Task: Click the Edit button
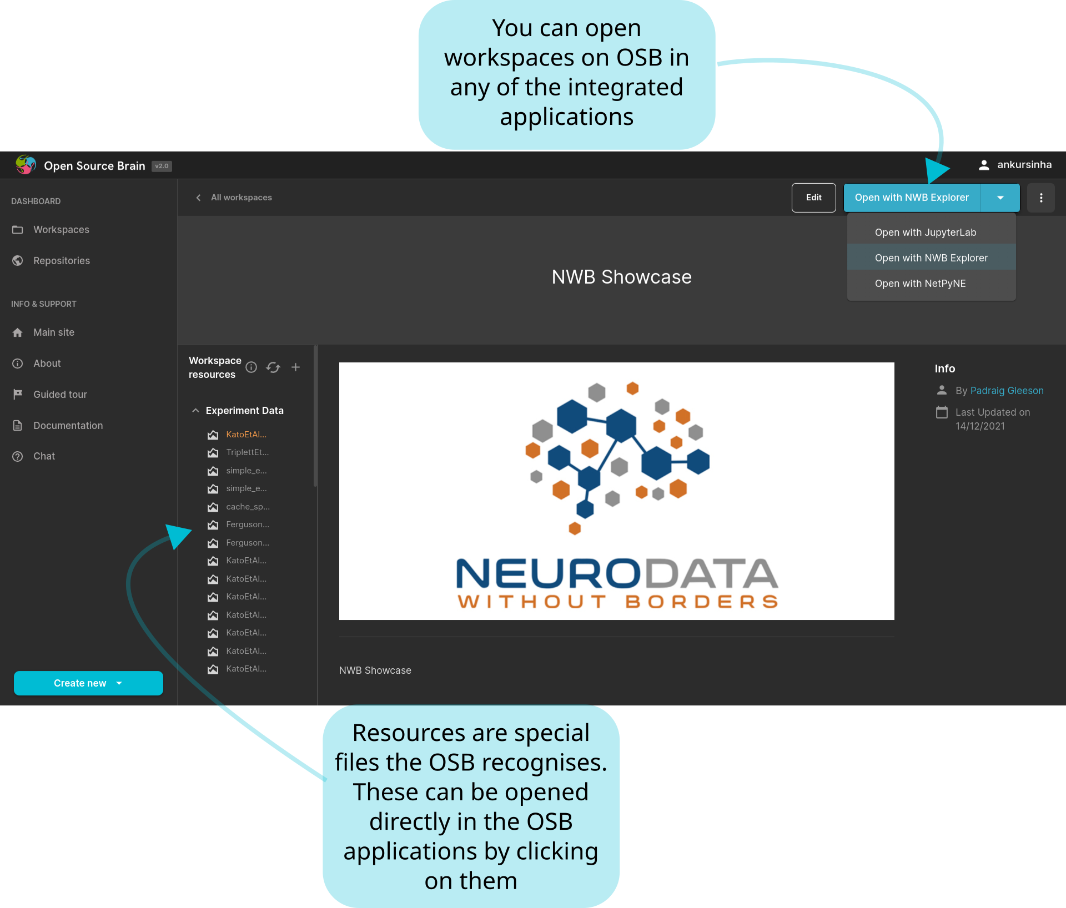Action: (x=813, y=198)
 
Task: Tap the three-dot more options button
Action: (x=1040, y=198)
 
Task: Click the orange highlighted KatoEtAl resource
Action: (x=246, y=435)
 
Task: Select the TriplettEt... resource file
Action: (x=247, y=452)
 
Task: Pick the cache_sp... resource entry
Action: (x=248, y=507)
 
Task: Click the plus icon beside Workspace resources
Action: (x=296, y=367)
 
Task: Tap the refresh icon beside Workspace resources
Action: (x=273, y=367)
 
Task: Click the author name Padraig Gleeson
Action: (x=1007, y=391)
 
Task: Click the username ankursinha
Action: (x=1024, y=165)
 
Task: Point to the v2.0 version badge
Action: (x=162, y=166)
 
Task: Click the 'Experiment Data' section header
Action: (x=244, y=411)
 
